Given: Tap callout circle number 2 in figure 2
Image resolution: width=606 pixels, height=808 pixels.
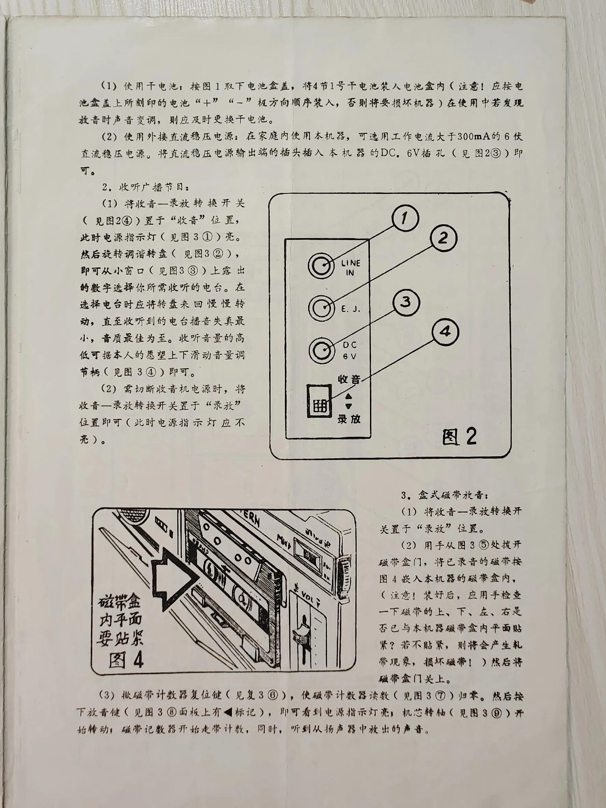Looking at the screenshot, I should pos(443,239).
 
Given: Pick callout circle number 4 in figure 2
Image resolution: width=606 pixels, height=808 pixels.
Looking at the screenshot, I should pos(445,332).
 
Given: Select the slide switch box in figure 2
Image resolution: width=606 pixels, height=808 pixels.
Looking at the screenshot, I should pos(319,401).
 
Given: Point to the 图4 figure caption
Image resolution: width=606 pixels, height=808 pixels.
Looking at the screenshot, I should pos(126,660).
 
